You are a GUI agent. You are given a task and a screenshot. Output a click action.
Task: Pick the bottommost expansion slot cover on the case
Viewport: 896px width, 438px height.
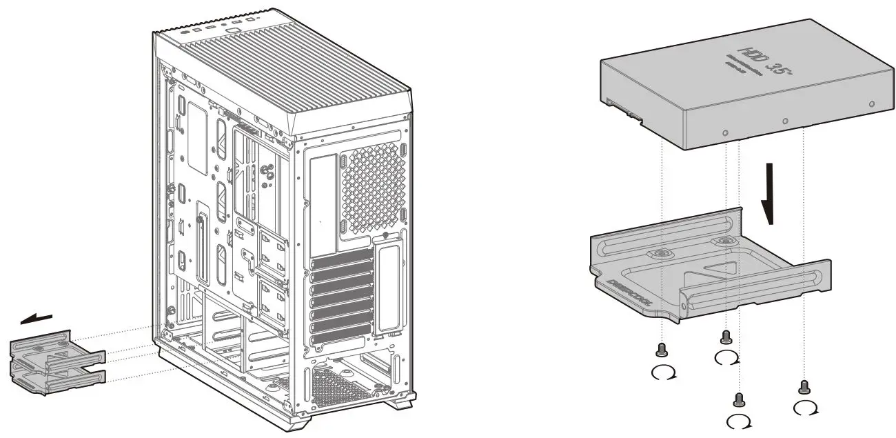[x=341, y=338]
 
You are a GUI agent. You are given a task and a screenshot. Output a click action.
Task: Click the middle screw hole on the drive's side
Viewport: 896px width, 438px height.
[x=786, y=121]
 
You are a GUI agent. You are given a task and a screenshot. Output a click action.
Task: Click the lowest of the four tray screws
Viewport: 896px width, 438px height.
[x=739, y=399]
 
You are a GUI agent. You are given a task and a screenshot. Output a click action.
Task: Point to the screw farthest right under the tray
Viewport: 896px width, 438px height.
[x=803, y=386]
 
